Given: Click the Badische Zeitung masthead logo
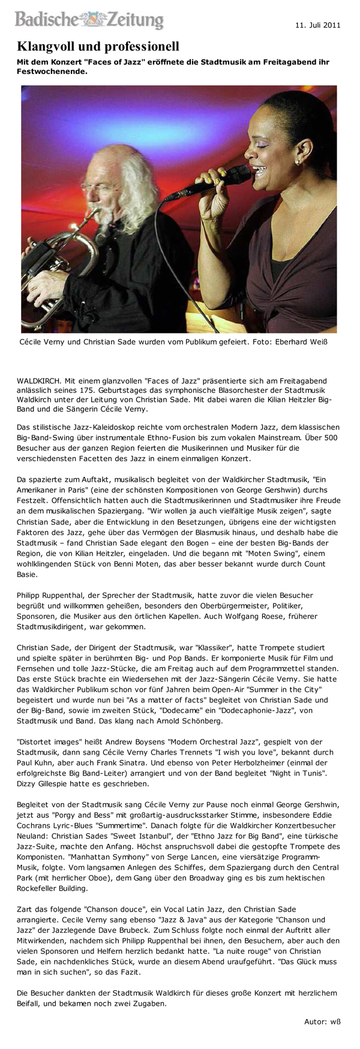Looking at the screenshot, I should tap(89, 20).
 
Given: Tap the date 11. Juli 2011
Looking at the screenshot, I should tap(317, 25).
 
